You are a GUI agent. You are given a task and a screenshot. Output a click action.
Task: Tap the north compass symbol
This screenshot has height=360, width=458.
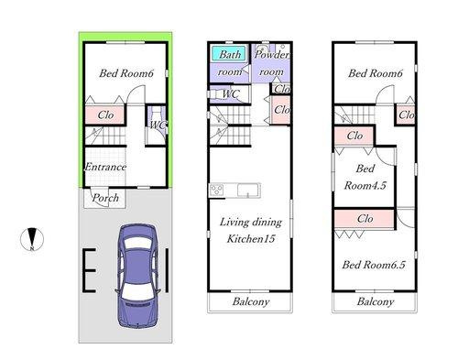point(31,239)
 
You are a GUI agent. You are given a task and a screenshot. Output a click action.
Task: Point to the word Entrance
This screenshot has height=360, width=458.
point(104,168)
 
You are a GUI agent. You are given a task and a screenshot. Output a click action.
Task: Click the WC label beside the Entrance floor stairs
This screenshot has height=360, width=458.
point(158,125)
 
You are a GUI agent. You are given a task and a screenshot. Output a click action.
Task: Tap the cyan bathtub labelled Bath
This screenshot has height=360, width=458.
point(229,55)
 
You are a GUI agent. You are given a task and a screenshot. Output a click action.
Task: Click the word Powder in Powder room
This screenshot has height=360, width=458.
point(271,55)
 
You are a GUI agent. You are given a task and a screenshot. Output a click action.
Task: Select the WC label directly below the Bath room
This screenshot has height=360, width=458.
point(231,93)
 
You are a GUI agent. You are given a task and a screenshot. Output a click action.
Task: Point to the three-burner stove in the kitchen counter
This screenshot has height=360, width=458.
point(217,190)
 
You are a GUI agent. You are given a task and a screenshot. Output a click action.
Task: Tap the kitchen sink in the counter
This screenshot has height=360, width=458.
point(250,191)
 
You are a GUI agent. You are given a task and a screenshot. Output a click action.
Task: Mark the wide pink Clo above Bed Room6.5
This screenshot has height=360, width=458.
point(365,219)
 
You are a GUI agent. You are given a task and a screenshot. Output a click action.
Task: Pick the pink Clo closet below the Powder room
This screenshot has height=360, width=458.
point(282,110)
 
